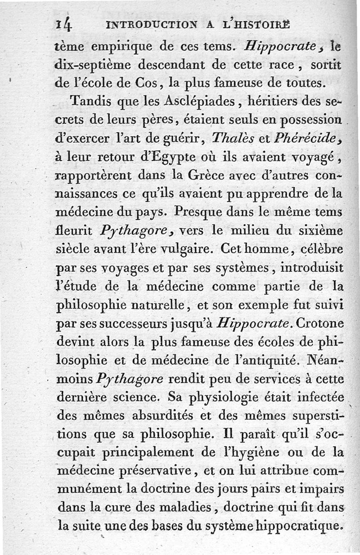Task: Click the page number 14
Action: tap(63, 26)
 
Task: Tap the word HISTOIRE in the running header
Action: tap(261, 26)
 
